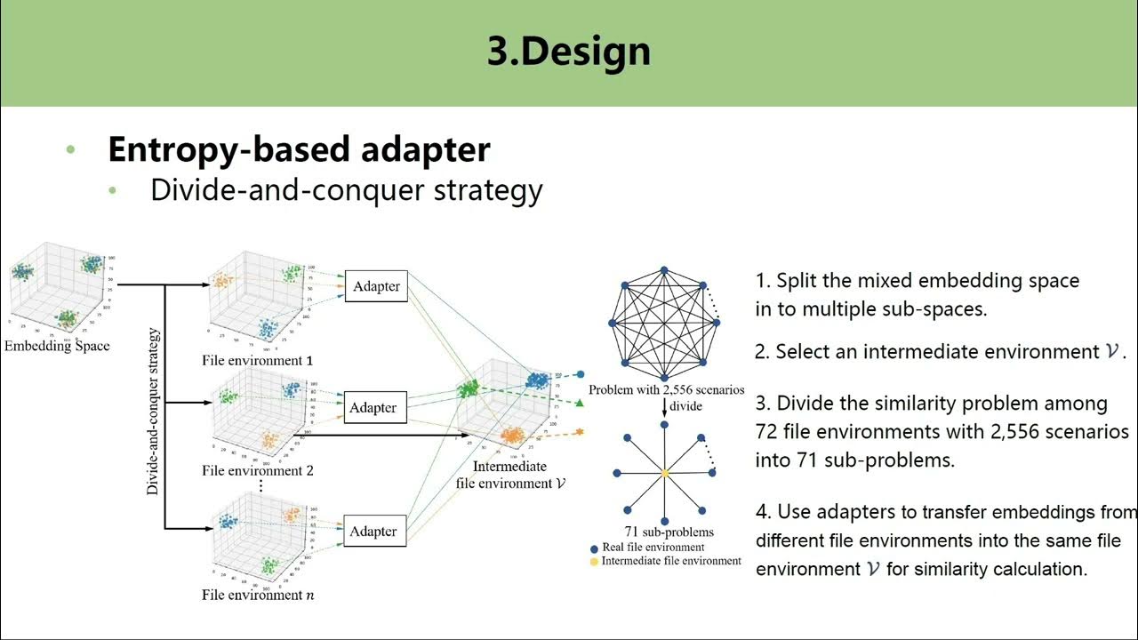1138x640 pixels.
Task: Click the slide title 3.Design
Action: [x=569, y=52]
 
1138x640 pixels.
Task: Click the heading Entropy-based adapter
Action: [x=299, y=149]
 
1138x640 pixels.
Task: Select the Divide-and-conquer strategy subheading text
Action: [x=346, y=189]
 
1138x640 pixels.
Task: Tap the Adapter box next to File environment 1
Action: [x=376, y=286]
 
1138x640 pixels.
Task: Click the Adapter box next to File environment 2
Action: [x=373, y=407]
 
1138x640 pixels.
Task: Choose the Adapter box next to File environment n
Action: [x=373, y=531]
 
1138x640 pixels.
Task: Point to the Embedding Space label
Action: [x=57, y=346]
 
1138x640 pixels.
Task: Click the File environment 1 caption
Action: [x=257, y=361]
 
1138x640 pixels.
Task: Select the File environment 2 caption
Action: [x=257, y=470]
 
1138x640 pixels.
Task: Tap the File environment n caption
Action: [x=257, y=595]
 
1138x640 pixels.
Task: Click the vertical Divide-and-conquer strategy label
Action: [x=153, y=412]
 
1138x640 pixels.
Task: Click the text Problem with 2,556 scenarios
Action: [x=666, y=390]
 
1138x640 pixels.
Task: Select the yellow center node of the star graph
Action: [x=664, y=474]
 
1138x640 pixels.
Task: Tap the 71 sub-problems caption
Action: [x=663, y=532]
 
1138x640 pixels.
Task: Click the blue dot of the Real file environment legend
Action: [x=594, y=548]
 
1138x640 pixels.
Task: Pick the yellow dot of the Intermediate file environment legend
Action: [x=594, y=562]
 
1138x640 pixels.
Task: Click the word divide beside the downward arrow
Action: [x=685, y=405]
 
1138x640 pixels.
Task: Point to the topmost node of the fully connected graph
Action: [x=664, y=268]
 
